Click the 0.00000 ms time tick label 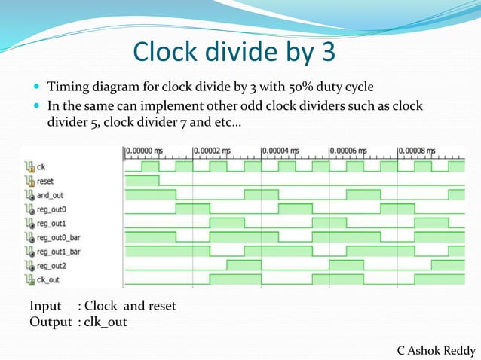click(145, 151)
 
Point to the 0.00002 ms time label click(214, 151)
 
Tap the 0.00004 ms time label click(283, 151)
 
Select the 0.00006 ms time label click(351, 151)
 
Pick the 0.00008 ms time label click(418, 151)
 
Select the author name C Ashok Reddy click(437, 350)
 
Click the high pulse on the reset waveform click(142, 180)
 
